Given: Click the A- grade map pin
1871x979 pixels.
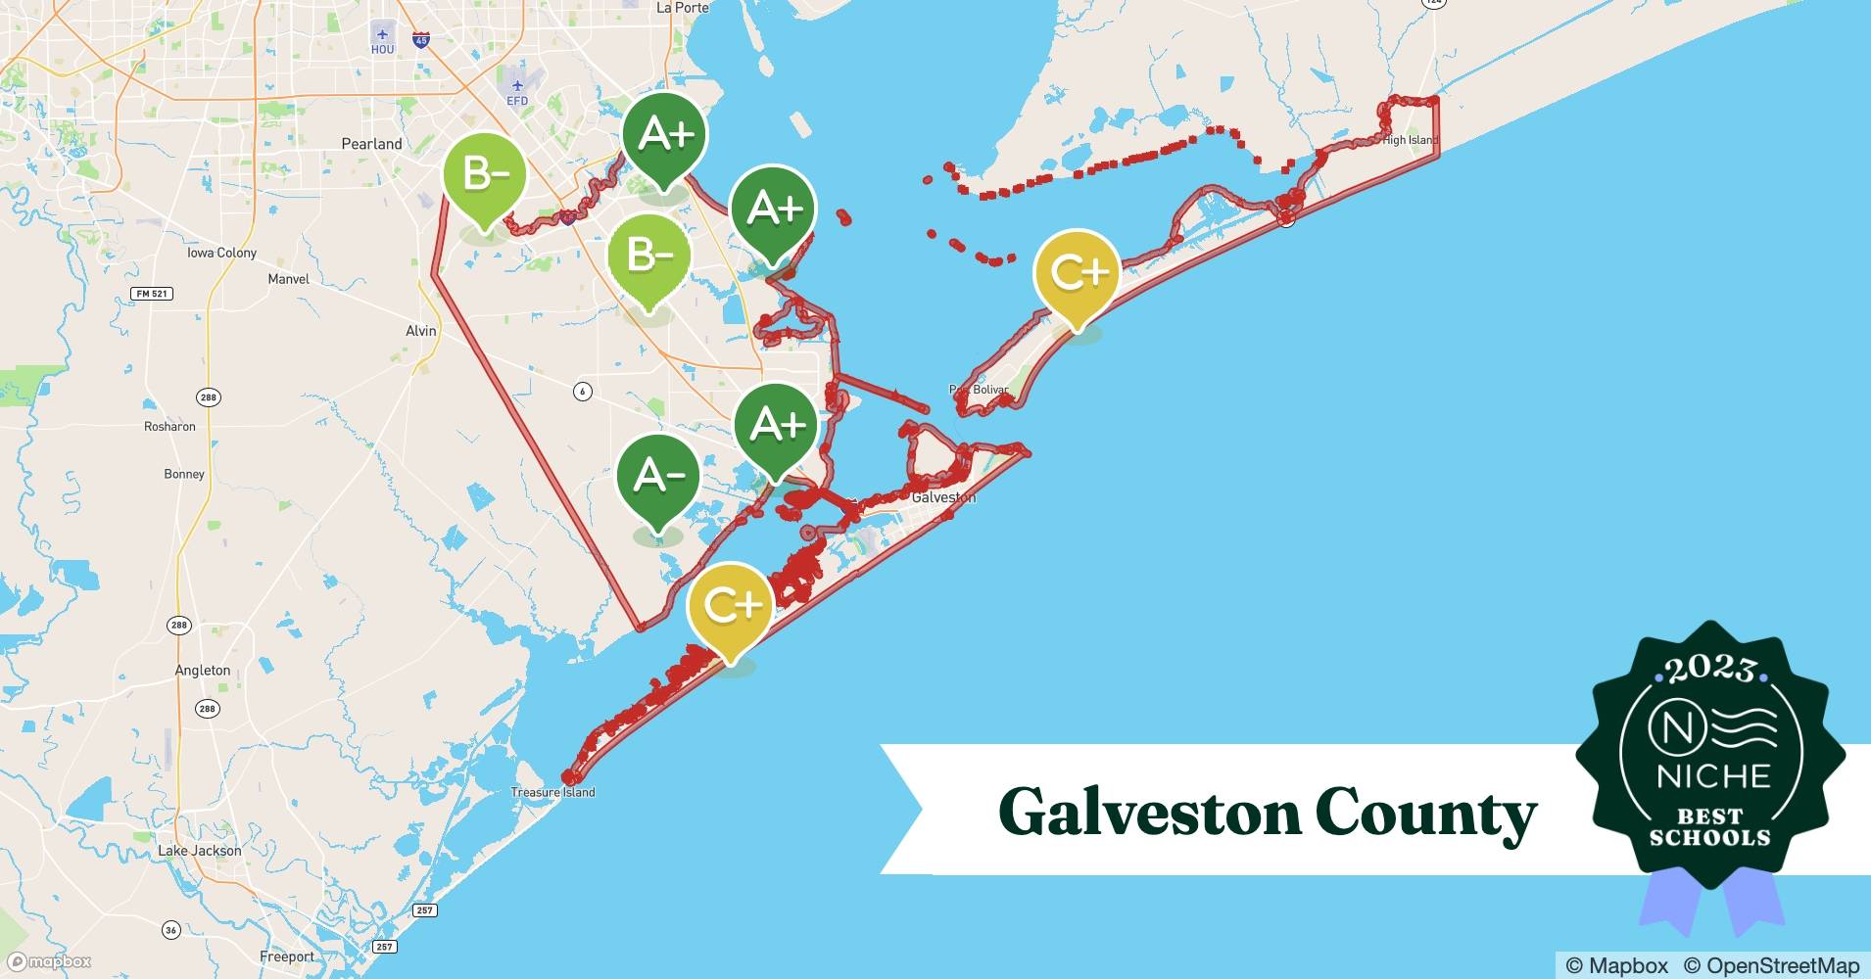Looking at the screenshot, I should point(657,477).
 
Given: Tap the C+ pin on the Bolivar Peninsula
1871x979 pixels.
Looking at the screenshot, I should point(1077,273).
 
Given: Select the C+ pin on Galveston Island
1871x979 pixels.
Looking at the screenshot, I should point(731,606).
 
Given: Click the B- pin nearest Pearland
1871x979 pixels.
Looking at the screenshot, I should point(485,176).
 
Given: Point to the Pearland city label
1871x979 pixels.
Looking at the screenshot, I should point(371,144).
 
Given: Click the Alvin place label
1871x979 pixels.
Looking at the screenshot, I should point(421,331).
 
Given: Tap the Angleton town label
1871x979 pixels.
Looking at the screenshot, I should point(203,671).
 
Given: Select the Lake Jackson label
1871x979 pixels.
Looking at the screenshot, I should point(200,851).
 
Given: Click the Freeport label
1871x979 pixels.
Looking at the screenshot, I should point(287,956).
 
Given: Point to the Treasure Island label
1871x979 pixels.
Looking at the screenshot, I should point(552,792).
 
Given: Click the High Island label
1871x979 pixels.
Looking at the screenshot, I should point(1410,140).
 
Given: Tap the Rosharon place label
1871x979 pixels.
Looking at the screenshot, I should point(169,427).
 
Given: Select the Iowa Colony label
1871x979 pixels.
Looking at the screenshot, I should point(221,253).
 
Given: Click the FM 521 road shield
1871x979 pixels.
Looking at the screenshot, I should point(152,294).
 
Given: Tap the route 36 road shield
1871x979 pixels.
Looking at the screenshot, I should point(171,930).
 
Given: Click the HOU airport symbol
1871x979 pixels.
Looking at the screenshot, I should point(382,36).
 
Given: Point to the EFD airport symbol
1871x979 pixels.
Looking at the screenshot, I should point(517,86).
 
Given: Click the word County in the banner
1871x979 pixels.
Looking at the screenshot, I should point(1425,813).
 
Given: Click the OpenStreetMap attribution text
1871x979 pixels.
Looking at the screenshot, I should point(1771,965).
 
